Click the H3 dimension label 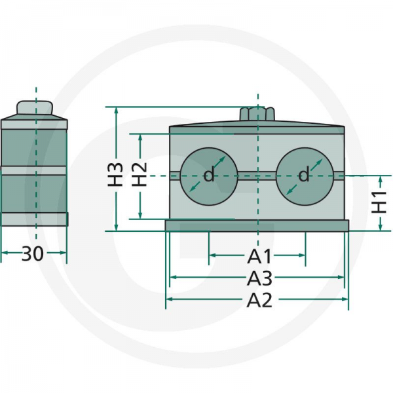pos(115,174)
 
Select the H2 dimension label pos(140,174)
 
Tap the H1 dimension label pos(379,202)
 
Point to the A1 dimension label pos(259,256)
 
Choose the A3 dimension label pos(259,278)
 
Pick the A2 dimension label pos(259,300)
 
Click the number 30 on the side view pos(33,253)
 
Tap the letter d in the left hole pos(209,174)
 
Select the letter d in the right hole pos(304,174)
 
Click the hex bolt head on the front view pos(257,113)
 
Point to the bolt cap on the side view pos(35,108)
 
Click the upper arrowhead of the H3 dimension pos(116,110)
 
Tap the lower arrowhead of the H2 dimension pos(140,215)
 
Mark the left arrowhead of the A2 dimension pos(170,299)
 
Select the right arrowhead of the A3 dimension pos(341,277)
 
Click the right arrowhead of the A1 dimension pos(302,255)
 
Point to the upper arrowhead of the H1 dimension pos(381,179)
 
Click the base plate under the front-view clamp pos(257,225)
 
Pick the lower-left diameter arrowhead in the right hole pos(290,191)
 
